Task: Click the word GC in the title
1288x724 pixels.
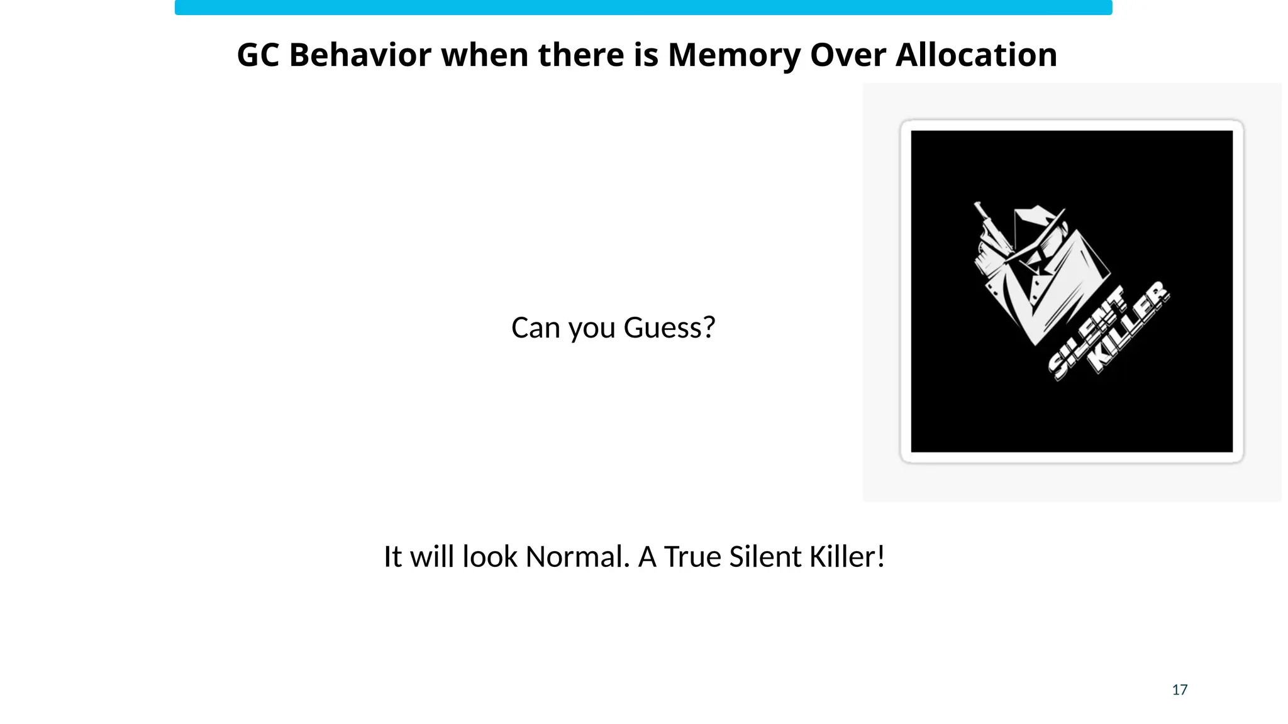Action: tap(258, 55)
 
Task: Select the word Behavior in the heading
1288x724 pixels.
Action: tap(360, 55)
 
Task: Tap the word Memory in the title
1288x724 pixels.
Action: tap(734, 55)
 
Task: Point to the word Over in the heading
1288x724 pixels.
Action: tap(847, 55)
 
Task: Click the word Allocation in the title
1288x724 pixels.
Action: tap(976, 55)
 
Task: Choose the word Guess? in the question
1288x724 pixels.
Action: tap(669, 328)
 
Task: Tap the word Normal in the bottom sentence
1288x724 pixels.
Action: tap(577, 557)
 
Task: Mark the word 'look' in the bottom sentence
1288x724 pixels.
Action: tap(489, 557)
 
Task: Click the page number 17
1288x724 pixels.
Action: tap(1179, 690)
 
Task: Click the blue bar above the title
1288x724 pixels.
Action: tap(643, 8)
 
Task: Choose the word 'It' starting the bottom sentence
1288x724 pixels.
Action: tap(392, 557)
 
